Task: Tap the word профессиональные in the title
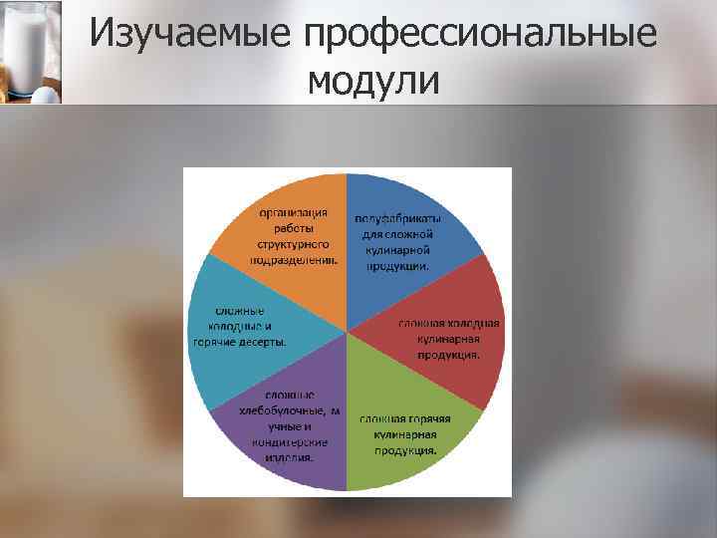coord(481,36)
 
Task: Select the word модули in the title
coord(373,81)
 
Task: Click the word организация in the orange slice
coord(294,212)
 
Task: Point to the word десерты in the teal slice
coord(261,342)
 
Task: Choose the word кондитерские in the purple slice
coord(291,442)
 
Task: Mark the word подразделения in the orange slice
coord(294,259)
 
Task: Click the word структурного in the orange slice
coord(294,243)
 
